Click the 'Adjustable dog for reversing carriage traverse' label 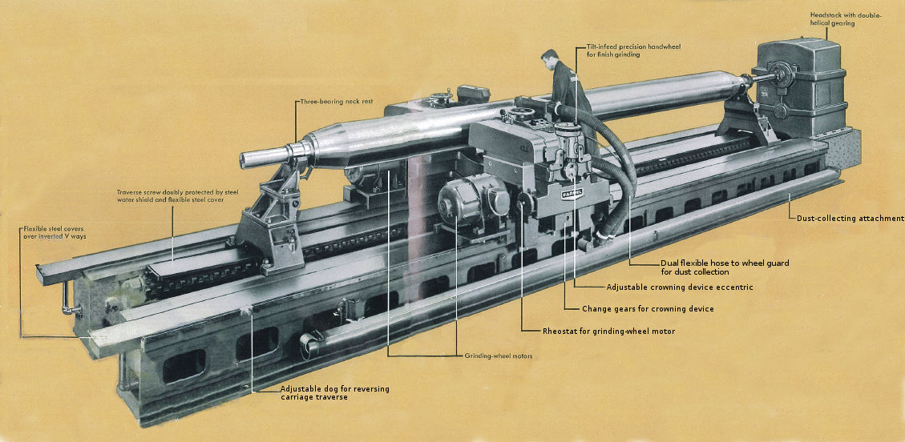[335, 392]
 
